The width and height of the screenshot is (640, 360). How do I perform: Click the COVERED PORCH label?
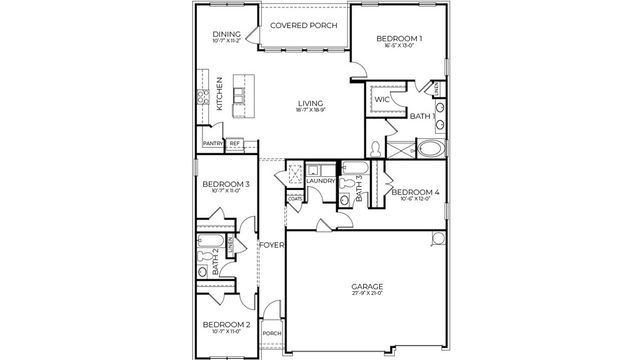304,24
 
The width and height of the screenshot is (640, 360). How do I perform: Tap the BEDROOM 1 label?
399,38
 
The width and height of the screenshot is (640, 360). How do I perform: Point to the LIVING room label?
310,103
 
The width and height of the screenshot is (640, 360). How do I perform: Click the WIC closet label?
382,100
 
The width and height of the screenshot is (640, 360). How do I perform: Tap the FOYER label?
271,245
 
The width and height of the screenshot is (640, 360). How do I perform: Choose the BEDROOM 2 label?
226,325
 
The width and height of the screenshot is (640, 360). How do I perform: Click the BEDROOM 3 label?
226,184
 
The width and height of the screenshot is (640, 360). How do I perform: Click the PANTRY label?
212,143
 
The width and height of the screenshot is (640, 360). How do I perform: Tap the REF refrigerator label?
235,143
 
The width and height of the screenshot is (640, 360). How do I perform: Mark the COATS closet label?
295,199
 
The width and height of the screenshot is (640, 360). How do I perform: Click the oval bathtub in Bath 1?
433,152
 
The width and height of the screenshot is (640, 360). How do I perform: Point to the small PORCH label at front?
271,334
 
